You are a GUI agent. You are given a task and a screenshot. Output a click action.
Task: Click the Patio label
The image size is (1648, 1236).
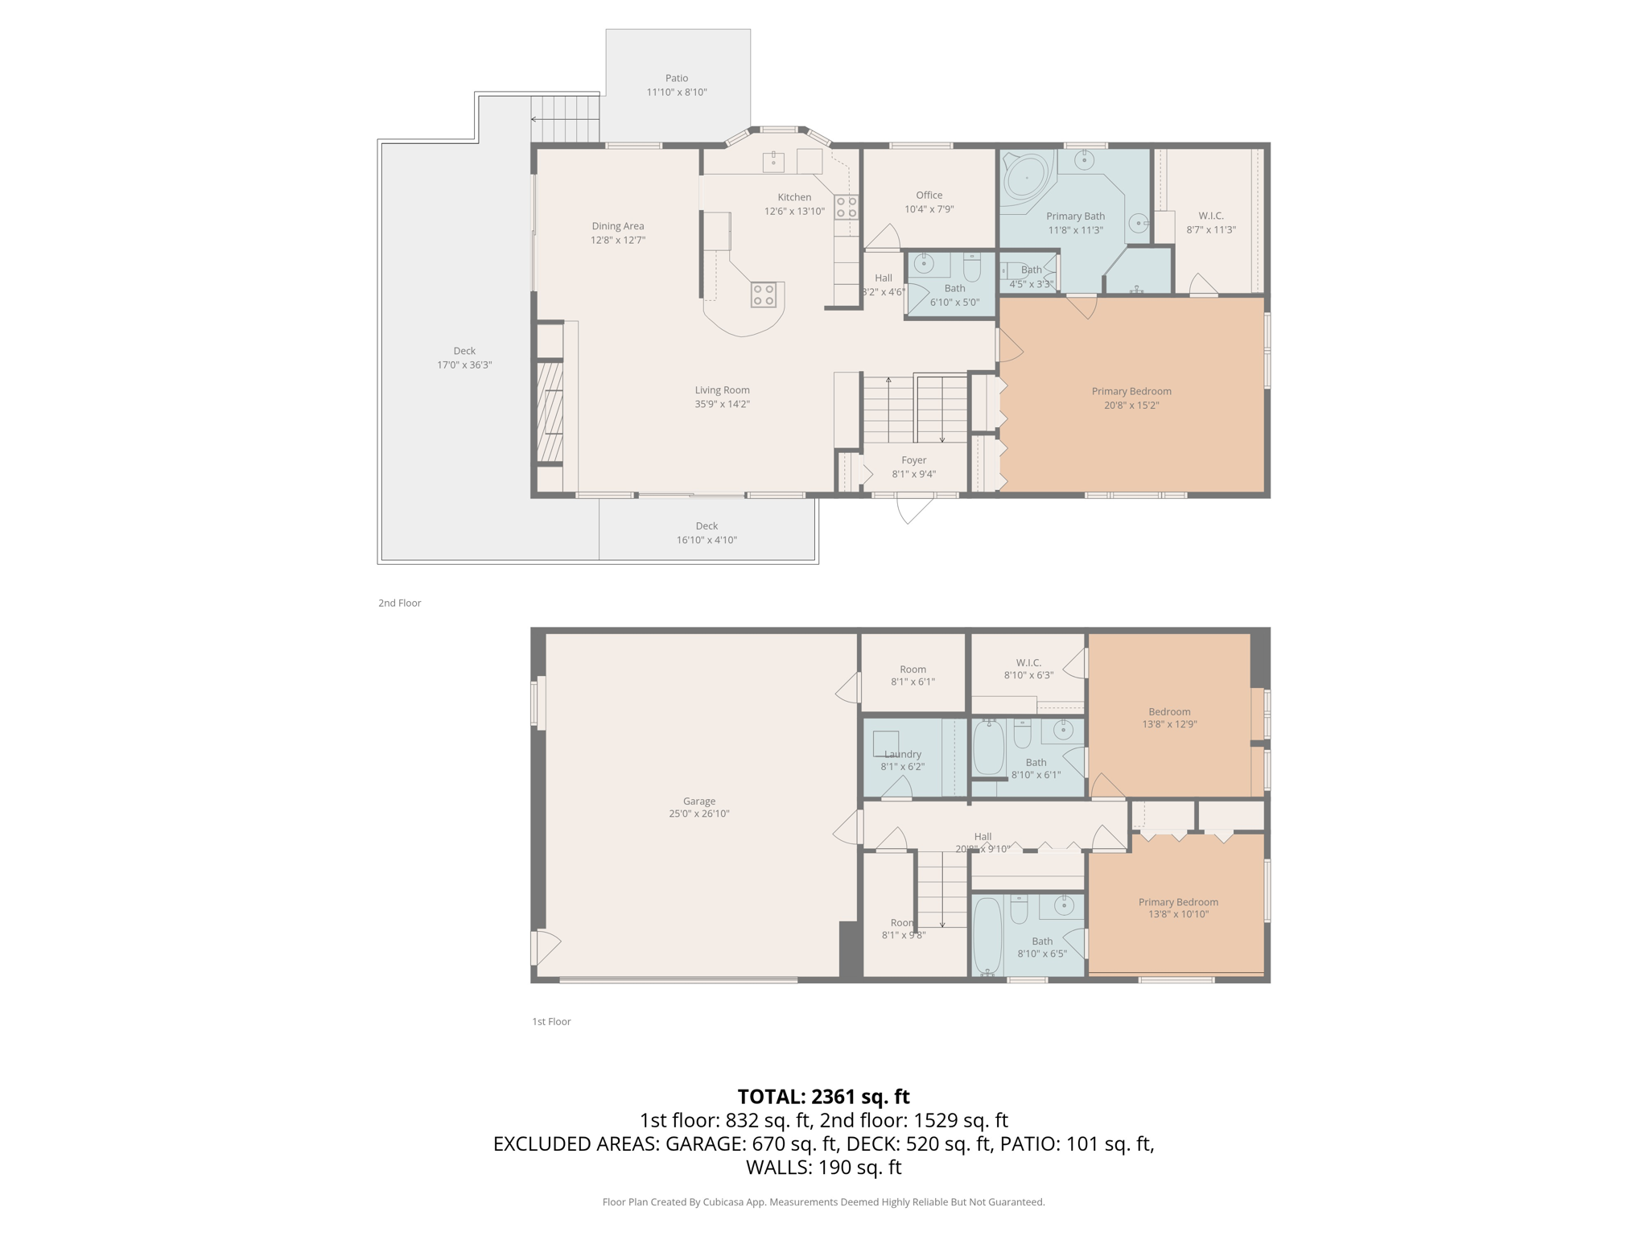(x=676, y=79)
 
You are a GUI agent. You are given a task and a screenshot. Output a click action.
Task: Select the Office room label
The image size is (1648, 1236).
(x=929, y=196)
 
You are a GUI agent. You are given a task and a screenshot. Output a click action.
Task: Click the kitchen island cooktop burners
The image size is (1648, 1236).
(x=764, y=295)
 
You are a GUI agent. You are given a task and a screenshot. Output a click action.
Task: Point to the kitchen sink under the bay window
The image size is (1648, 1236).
(x=773, y=162)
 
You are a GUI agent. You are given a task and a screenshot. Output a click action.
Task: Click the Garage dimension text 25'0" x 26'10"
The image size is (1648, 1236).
(x=698, y=814)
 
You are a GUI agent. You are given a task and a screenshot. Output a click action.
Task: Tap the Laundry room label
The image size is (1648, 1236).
(x=902, y=755)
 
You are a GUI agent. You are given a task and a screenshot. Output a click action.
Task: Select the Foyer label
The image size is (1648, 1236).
(x=913, y=460)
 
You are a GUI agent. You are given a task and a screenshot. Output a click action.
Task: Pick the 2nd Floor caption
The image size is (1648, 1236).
(x=400, y=603)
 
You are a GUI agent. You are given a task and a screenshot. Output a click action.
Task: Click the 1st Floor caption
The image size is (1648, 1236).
(x=551, y=1021)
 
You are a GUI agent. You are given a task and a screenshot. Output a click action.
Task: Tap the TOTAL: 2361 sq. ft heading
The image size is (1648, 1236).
(x=823, y=1097)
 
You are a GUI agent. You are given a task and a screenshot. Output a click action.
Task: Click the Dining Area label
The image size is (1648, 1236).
(x=617, y=226)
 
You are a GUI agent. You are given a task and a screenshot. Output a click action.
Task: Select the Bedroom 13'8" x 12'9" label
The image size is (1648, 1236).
(x=1169, y=712)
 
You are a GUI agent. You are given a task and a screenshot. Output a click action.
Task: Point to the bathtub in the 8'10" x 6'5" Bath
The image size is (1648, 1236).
(x=987, y=935)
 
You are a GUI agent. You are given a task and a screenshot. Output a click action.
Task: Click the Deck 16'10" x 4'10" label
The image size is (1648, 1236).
(x=707, y=526)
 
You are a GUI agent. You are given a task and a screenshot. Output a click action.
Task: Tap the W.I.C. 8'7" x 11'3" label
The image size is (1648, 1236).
(x=1210, y=216)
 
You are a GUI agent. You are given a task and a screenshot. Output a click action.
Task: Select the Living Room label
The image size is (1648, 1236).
(x=722, y=390)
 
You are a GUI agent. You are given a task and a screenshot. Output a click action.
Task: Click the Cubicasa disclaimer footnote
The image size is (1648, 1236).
(x=823, y=1202)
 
